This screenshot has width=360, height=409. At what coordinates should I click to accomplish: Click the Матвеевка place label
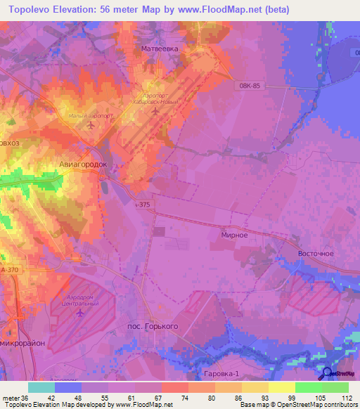(x=157, y=51)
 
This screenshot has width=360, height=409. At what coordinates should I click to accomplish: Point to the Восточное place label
(x=314, y=252)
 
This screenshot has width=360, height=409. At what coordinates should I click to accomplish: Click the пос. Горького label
(x=152, y=327)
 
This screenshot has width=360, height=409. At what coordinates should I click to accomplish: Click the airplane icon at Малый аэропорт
(x=91, y=125)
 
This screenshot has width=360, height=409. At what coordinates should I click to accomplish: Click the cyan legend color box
(x=41, y=387)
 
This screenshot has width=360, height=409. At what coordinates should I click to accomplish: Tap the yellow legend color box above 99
(x=281, y=387)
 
